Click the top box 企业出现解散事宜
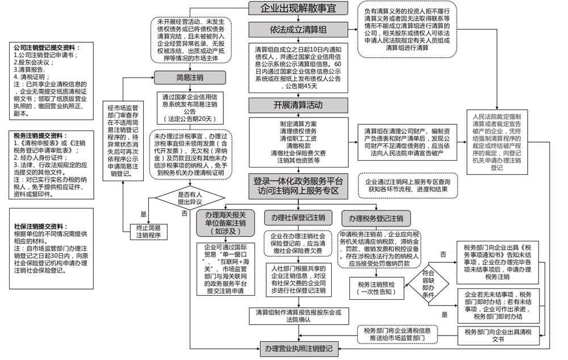point(297,9)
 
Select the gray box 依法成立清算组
point(298,30)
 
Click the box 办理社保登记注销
point(298,218)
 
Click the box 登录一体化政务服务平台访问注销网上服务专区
point(298,186)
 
